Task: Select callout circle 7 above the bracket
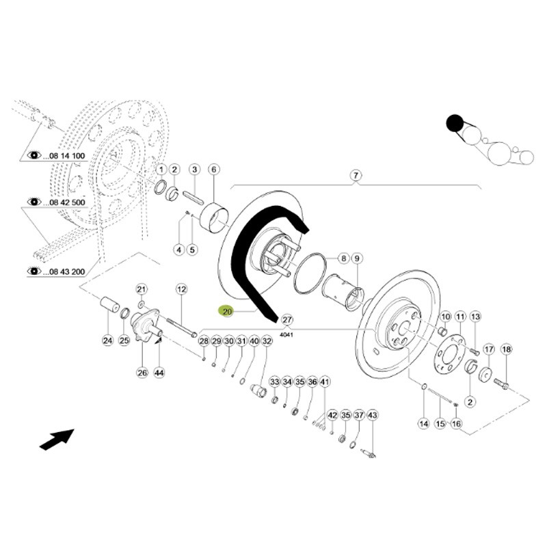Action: click(356, 176)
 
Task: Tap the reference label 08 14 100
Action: click(66, 157)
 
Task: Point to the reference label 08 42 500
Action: click(66, 202)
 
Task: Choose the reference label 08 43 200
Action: click(66, 271)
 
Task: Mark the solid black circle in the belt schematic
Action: click(454, 124)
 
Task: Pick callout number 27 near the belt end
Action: click(287, 320)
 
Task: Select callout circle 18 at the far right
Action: click(506, 349)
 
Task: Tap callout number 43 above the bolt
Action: click(372, 415)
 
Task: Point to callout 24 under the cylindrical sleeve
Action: click(107, 341)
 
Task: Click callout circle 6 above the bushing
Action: click(213, 169)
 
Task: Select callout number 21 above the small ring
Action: click(142, 289)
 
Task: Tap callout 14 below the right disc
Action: click(424, 423)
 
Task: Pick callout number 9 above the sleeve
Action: click(356, 259)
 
